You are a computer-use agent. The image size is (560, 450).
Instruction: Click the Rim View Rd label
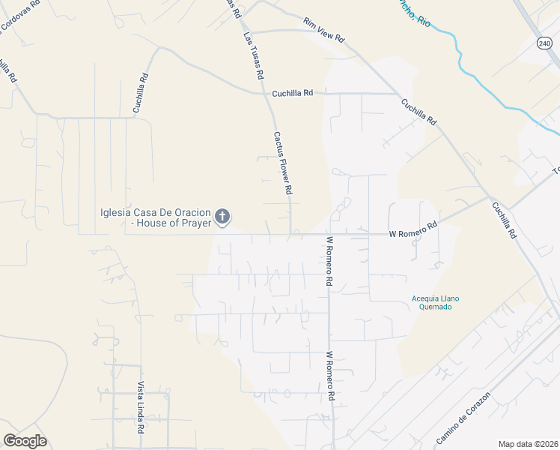pyautogui.click(x=323, y=30)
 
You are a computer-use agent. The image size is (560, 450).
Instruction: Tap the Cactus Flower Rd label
pyautogui.click(x=282, y=163)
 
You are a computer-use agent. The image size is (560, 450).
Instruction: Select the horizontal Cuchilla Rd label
pyautogui.click(x=292, y=93)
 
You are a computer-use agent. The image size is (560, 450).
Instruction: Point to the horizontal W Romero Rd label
pyautogui.click(x=413, y=233)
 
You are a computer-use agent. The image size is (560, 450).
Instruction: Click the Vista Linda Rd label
pyautogui.click(x=140, y=408)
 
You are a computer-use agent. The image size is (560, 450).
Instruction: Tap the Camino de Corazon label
pyautogui.click(x=463, y=417)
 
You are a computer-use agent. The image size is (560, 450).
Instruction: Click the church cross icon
pyautogui.click(x=222, y=217)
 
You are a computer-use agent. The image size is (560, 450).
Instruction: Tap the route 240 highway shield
pyautogui.click(x=544, y=43)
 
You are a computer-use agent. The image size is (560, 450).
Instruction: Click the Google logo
pyautogui.click(x=25, y=441)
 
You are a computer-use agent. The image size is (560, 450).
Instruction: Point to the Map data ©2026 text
pyautogui.click(x=529, y=444)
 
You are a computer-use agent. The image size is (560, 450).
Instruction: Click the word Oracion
pyautogui.click(x=190, y=211)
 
